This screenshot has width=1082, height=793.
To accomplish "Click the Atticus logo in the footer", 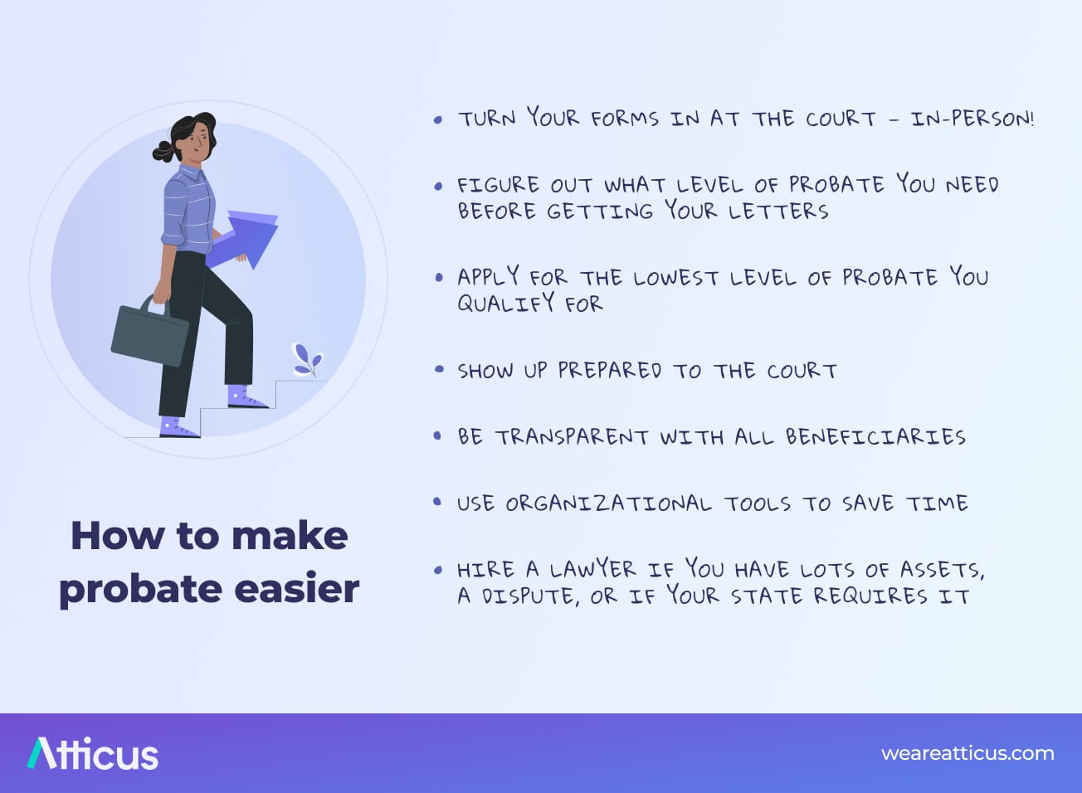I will [92, 754].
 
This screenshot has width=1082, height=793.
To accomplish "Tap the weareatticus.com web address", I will [967, 754].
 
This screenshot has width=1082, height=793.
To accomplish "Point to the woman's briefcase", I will [150, 333].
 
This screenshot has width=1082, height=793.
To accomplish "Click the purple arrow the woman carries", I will [246, 240].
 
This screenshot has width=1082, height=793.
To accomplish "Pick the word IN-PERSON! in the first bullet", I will [972, 119].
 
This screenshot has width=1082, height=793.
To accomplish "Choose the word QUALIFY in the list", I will [506, 304].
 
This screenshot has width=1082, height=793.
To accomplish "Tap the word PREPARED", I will [609, 370].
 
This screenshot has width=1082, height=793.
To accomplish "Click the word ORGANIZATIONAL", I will [608, 504].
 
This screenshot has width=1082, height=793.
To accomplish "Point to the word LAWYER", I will [592, 569].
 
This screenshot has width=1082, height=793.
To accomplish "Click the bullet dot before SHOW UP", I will [438, 369].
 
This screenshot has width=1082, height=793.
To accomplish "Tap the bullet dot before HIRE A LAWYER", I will [438, 570].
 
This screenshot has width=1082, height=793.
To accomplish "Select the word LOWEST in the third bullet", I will [675, 278].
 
